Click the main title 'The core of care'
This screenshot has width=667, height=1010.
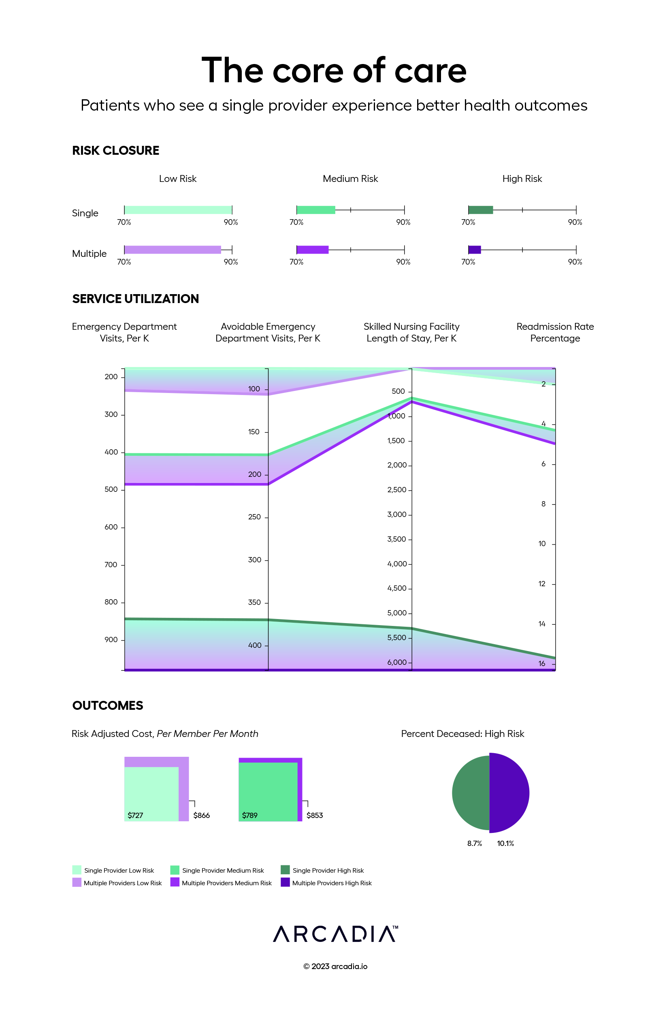pyautogui.click(x=334, y=70)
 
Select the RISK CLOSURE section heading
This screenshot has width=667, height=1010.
pyautogui.click(x=115, y=151)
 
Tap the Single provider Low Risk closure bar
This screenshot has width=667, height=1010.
pyautogui.click(x=178, y=210)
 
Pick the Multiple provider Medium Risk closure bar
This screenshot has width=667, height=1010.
pyautogui.click(x=312, y=250)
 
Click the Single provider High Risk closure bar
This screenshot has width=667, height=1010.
pyautogui.click(x=480, y=210)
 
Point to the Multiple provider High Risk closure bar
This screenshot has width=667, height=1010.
pyautogui.click(x=474, y=250)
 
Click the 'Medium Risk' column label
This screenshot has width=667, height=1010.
pyautogui.click(x=350, y=179)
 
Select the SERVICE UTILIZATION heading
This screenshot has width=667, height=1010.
pyautogui.click(x=135, y=299)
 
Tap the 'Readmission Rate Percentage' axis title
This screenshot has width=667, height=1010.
pyautogui.click(x=555, y=332)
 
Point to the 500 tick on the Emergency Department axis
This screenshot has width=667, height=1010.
pyautogui.click(x=111, y=490)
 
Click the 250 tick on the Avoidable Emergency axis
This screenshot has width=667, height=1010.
pyautogui.click(x=254, y=517)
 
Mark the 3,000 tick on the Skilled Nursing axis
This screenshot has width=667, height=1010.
pyautogui.click(x=397, y=515)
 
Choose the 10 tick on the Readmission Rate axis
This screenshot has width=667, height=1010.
pyautogui.click(x=542, y=544)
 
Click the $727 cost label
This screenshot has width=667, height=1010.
pyautogui.click(x=135, y=815)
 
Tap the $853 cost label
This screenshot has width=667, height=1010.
pyautogui.click(x=314, y=815)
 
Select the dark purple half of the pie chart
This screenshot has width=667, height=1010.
pyautogui.click(x=509, y=792)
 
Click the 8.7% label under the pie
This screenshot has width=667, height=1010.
pyautogui.click(x=474, y=843)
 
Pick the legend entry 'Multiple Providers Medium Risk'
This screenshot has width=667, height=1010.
pyautogui.click(x=226, y=883)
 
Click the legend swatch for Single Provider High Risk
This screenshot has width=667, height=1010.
pyautogui.click(x=285, y=870)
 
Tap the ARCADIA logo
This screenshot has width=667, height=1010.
pyautogui.click(x=335, y=934)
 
